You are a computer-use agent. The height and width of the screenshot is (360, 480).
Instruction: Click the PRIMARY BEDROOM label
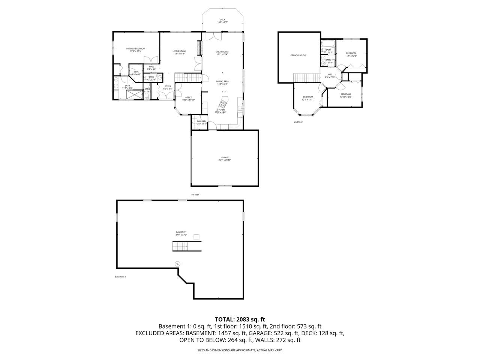click(x=135, y=50)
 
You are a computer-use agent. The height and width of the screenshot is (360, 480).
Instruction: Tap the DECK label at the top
click(x=222, y=21)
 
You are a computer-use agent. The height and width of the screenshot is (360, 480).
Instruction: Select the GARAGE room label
click(x=225, y=159)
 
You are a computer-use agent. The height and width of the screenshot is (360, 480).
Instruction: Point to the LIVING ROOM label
click(x=179, y=52)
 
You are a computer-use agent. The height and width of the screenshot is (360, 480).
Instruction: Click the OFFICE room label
click(x=188, y=99)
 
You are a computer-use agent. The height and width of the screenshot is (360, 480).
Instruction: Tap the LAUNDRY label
click(x=202, y=122)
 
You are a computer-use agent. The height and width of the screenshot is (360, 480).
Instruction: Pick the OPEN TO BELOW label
click(x=298, y=55)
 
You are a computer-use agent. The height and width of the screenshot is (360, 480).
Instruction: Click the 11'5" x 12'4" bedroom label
click(x=351, y=54)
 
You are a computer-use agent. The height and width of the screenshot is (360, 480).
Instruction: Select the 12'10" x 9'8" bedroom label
click(x=345, y=96)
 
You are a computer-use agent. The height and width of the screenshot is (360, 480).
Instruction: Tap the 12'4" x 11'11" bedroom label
click(x=308, y=98)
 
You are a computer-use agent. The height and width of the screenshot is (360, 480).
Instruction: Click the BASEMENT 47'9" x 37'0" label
click(x=181, y=233)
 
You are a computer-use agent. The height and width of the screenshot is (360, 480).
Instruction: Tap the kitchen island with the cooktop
click(x=224, y=102)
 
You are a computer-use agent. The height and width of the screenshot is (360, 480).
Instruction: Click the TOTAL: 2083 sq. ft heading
click(x=240, y=319)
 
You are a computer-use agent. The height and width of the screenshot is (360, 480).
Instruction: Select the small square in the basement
click(x=196, y=237)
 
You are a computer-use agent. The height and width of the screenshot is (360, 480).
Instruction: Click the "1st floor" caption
click(x=195, y=195)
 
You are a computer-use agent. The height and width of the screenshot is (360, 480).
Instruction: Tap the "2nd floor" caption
click(x=298, y=122)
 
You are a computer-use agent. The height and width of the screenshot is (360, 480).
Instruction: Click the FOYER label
click(x=168, y=87)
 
